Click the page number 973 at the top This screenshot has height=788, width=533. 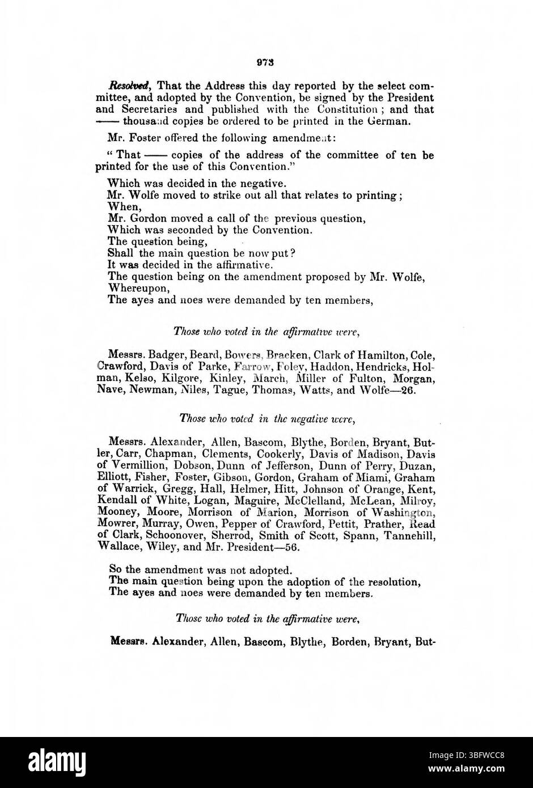(265, 62)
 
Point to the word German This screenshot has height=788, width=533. (387, 121)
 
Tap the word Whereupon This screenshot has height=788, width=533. (134, 289)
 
